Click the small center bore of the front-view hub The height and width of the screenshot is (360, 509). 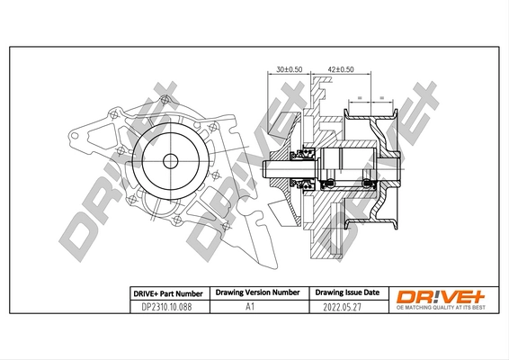[170, 162]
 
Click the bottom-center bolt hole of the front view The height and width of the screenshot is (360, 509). [171, 217]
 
